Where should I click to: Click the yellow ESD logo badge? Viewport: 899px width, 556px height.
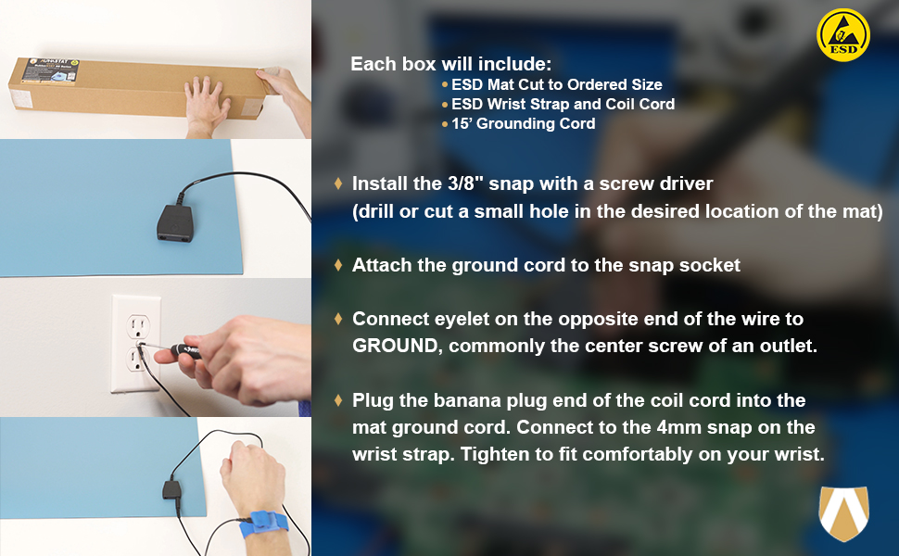(x=842, y=35)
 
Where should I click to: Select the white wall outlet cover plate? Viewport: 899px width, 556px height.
(x=136, y=344)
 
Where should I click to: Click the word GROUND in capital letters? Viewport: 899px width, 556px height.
(x=396, y=346)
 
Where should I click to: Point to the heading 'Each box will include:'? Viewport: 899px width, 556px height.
(x=450, y=64)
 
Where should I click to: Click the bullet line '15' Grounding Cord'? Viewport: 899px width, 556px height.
(x=523, y=123)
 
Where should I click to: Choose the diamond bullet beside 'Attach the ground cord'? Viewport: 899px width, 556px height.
(x=338, y=265)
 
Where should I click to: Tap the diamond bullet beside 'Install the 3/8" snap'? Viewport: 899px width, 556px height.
(x=338, y=183)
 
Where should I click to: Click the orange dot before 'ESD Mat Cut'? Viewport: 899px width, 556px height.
(x=445, y=84)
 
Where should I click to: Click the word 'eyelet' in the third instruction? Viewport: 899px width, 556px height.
(x=461, y=319)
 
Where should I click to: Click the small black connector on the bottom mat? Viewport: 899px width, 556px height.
(x=172, y=490)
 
